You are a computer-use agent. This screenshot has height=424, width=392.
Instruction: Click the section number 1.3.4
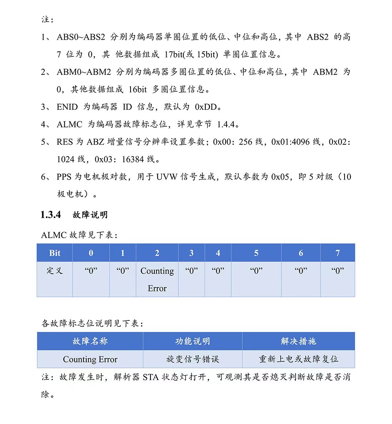(51, 215)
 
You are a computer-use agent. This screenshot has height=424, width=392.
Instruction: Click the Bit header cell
(55, 253)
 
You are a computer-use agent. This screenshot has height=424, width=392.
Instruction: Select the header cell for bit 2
(157, 253)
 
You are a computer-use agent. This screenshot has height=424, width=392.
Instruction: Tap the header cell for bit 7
(338, 253)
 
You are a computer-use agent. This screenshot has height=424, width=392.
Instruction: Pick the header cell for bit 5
(256, 253)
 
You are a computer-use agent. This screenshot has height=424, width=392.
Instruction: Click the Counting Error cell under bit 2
(157, 279)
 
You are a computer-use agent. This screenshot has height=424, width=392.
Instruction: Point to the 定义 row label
(55, 271)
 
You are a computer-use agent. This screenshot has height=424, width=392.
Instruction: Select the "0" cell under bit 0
(91, 271)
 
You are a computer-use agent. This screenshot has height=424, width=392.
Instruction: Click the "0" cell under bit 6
(301, 271)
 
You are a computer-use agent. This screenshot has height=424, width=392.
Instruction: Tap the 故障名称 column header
(90, 341)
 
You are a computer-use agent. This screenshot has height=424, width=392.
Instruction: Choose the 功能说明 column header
(192, 341)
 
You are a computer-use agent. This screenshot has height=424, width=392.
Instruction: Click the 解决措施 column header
(298, 341)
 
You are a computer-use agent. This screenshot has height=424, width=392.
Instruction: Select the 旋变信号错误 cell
(192, 359)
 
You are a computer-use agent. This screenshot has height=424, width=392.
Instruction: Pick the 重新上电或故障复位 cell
(298, 359)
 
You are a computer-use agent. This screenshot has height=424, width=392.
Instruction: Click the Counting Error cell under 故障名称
(90, 359)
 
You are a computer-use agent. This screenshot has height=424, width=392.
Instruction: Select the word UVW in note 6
(167, 177)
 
